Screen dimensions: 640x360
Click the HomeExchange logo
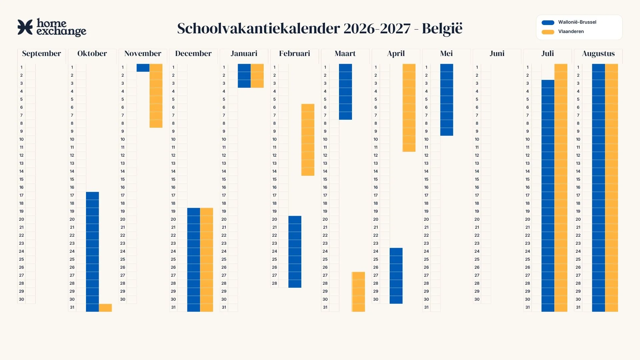52,27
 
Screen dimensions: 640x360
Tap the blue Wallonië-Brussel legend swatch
548,22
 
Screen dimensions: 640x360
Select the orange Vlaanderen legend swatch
548,32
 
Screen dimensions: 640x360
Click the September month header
42,53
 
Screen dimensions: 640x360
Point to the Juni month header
497,53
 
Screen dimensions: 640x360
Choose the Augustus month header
598,54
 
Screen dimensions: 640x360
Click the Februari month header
295,53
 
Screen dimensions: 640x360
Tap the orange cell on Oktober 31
105,308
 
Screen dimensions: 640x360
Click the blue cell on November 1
143,68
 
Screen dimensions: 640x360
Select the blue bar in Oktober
92,252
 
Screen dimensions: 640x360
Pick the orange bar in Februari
308,140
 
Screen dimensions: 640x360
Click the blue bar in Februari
295,252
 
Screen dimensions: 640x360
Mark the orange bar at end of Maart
358,292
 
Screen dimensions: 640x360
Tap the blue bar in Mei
447,100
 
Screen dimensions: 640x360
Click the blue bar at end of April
396,276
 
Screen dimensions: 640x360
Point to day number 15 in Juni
477,179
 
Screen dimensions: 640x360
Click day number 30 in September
21,299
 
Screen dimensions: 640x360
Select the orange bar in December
207,260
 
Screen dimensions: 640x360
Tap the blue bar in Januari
244,76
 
